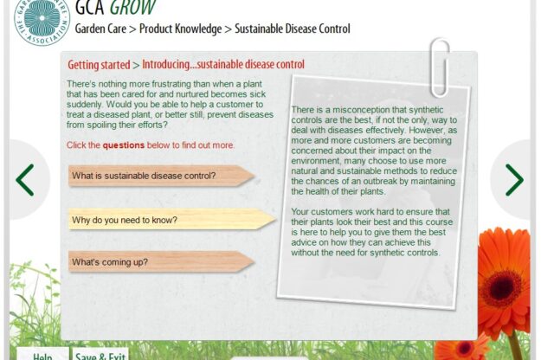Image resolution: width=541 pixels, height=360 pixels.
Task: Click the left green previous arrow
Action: (x=24, y=180)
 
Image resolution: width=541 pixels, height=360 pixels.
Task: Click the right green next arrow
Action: (x=514, y=180)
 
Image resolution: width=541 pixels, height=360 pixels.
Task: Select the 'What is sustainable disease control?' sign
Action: (x=161, y=176)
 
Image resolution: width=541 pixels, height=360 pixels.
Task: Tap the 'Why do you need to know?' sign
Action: (x=172, y=219)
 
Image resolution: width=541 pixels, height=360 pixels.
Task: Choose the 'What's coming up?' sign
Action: (x=161, y=261)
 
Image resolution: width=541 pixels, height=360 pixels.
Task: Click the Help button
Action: (x=42, y=355)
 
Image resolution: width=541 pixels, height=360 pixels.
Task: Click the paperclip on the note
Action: (x=441, y=67)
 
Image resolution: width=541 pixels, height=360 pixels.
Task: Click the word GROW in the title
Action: (x=132, y=7)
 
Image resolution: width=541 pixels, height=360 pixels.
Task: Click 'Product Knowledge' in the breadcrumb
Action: (x=180, y=29)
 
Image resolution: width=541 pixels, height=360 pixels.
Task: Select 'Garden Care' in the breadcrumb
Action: (x=100, y=29)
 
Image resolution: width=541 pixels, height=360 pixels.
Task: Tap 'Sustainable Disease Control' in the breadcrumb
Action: (x=293, y=29)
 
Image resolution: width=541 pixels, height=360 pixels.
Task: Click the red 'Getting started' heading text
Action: (x=99, y=65)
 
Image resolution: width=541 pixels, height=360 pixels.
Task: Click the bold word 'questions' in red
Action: (x=124, y=145)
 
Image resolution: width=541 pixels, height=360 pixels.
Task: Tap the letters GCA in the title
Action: (x=90, y=7)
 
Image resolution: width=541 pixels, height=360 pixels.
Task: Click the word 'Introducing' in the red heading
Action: (x=166, y=65)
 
